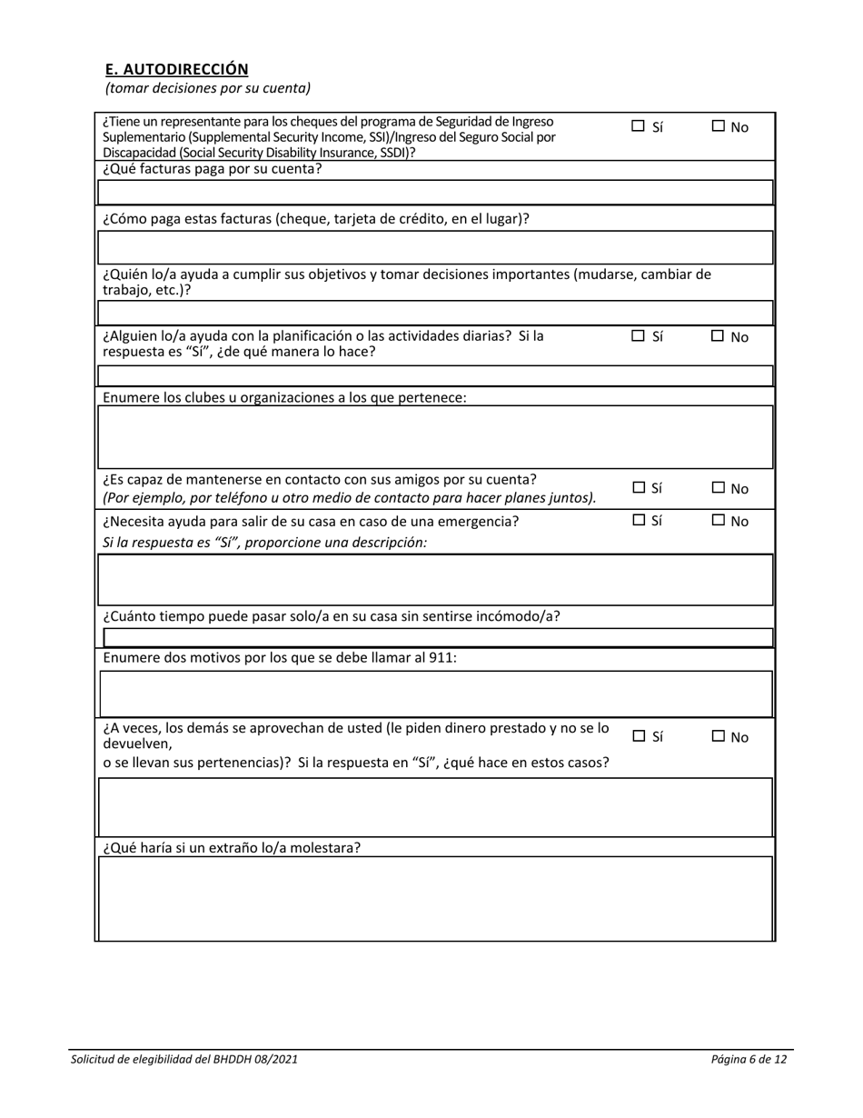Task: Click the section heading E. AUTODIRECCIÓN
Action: (176, 69)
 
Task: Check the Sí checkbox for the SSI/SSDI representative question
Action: (638, 127)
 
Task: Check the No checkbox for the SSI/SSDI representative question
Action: (718, 127)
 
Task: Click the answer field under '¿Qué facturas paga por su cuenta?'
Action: (435, 193)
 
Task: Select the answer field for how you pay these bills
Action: (435, 247)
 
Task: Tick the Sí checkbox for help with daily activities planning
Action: (638, 336)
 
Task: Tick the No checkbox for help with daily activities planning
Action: (718, 336)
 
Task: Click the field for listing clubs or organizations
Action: (435, 437)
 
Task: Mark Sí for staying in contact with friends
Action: (638, 488)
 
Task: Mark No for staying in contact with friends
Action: (718, 488)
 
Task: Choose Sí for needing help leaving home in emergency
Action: (638, 521)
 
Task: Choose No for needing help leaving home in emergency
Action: (718, 521)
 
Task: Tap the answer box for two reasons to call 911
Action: (435, 694)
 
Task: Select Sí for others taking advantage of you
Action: (638, 736)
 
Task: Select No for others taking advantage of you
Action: (718, 736)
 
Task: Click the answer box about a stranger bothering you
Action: (435, 898)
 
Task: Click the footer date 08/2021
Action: (276, 1059)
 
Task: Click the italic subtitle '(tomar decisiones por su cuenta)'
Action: (208, 88)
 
